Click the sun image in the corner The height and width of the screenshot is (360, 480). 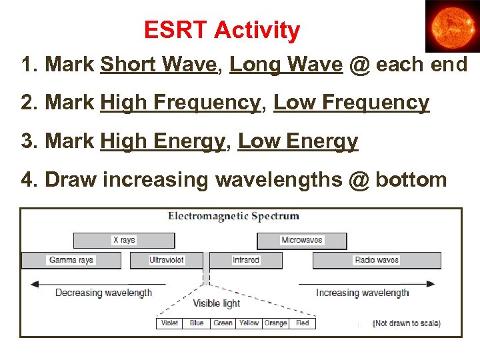(452, 26)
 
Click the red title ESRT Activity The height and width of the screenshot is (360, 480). (222, 30)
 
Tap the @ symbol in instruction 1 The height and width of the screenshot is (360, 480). (359, 65)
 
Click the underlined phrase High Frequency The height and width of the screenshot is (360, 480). (180, 103)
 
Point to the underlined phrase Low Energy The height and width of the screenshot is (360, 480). (298, 141)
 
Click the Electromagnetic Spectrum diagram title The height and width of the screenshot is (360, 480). (233, 216)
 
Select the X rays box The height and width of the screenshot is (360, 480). (123, 240)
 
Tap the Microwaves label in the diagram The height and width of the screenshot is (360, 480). (301, 240)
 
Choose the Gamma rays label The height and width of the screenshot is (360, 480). (71, 260)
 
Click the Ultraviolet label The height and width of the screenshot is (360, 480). (167, 260)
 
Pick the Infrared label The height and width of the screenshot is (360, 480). (246, 260)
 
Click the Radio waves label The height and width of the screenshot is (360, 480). (377, 260)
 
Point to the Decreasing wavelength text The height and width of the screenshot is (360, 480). (103, 293)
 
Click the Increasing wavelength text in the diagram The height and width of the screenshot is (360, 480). (362, 293)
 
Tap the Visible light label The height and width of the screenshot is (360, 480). (216, 304)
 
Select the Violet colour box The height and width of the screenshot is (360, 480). (169, 323)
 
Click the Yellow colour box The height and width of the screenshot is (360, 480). (249, 323)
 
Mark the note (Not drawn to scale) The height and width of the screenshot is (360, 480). (406, 323)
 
